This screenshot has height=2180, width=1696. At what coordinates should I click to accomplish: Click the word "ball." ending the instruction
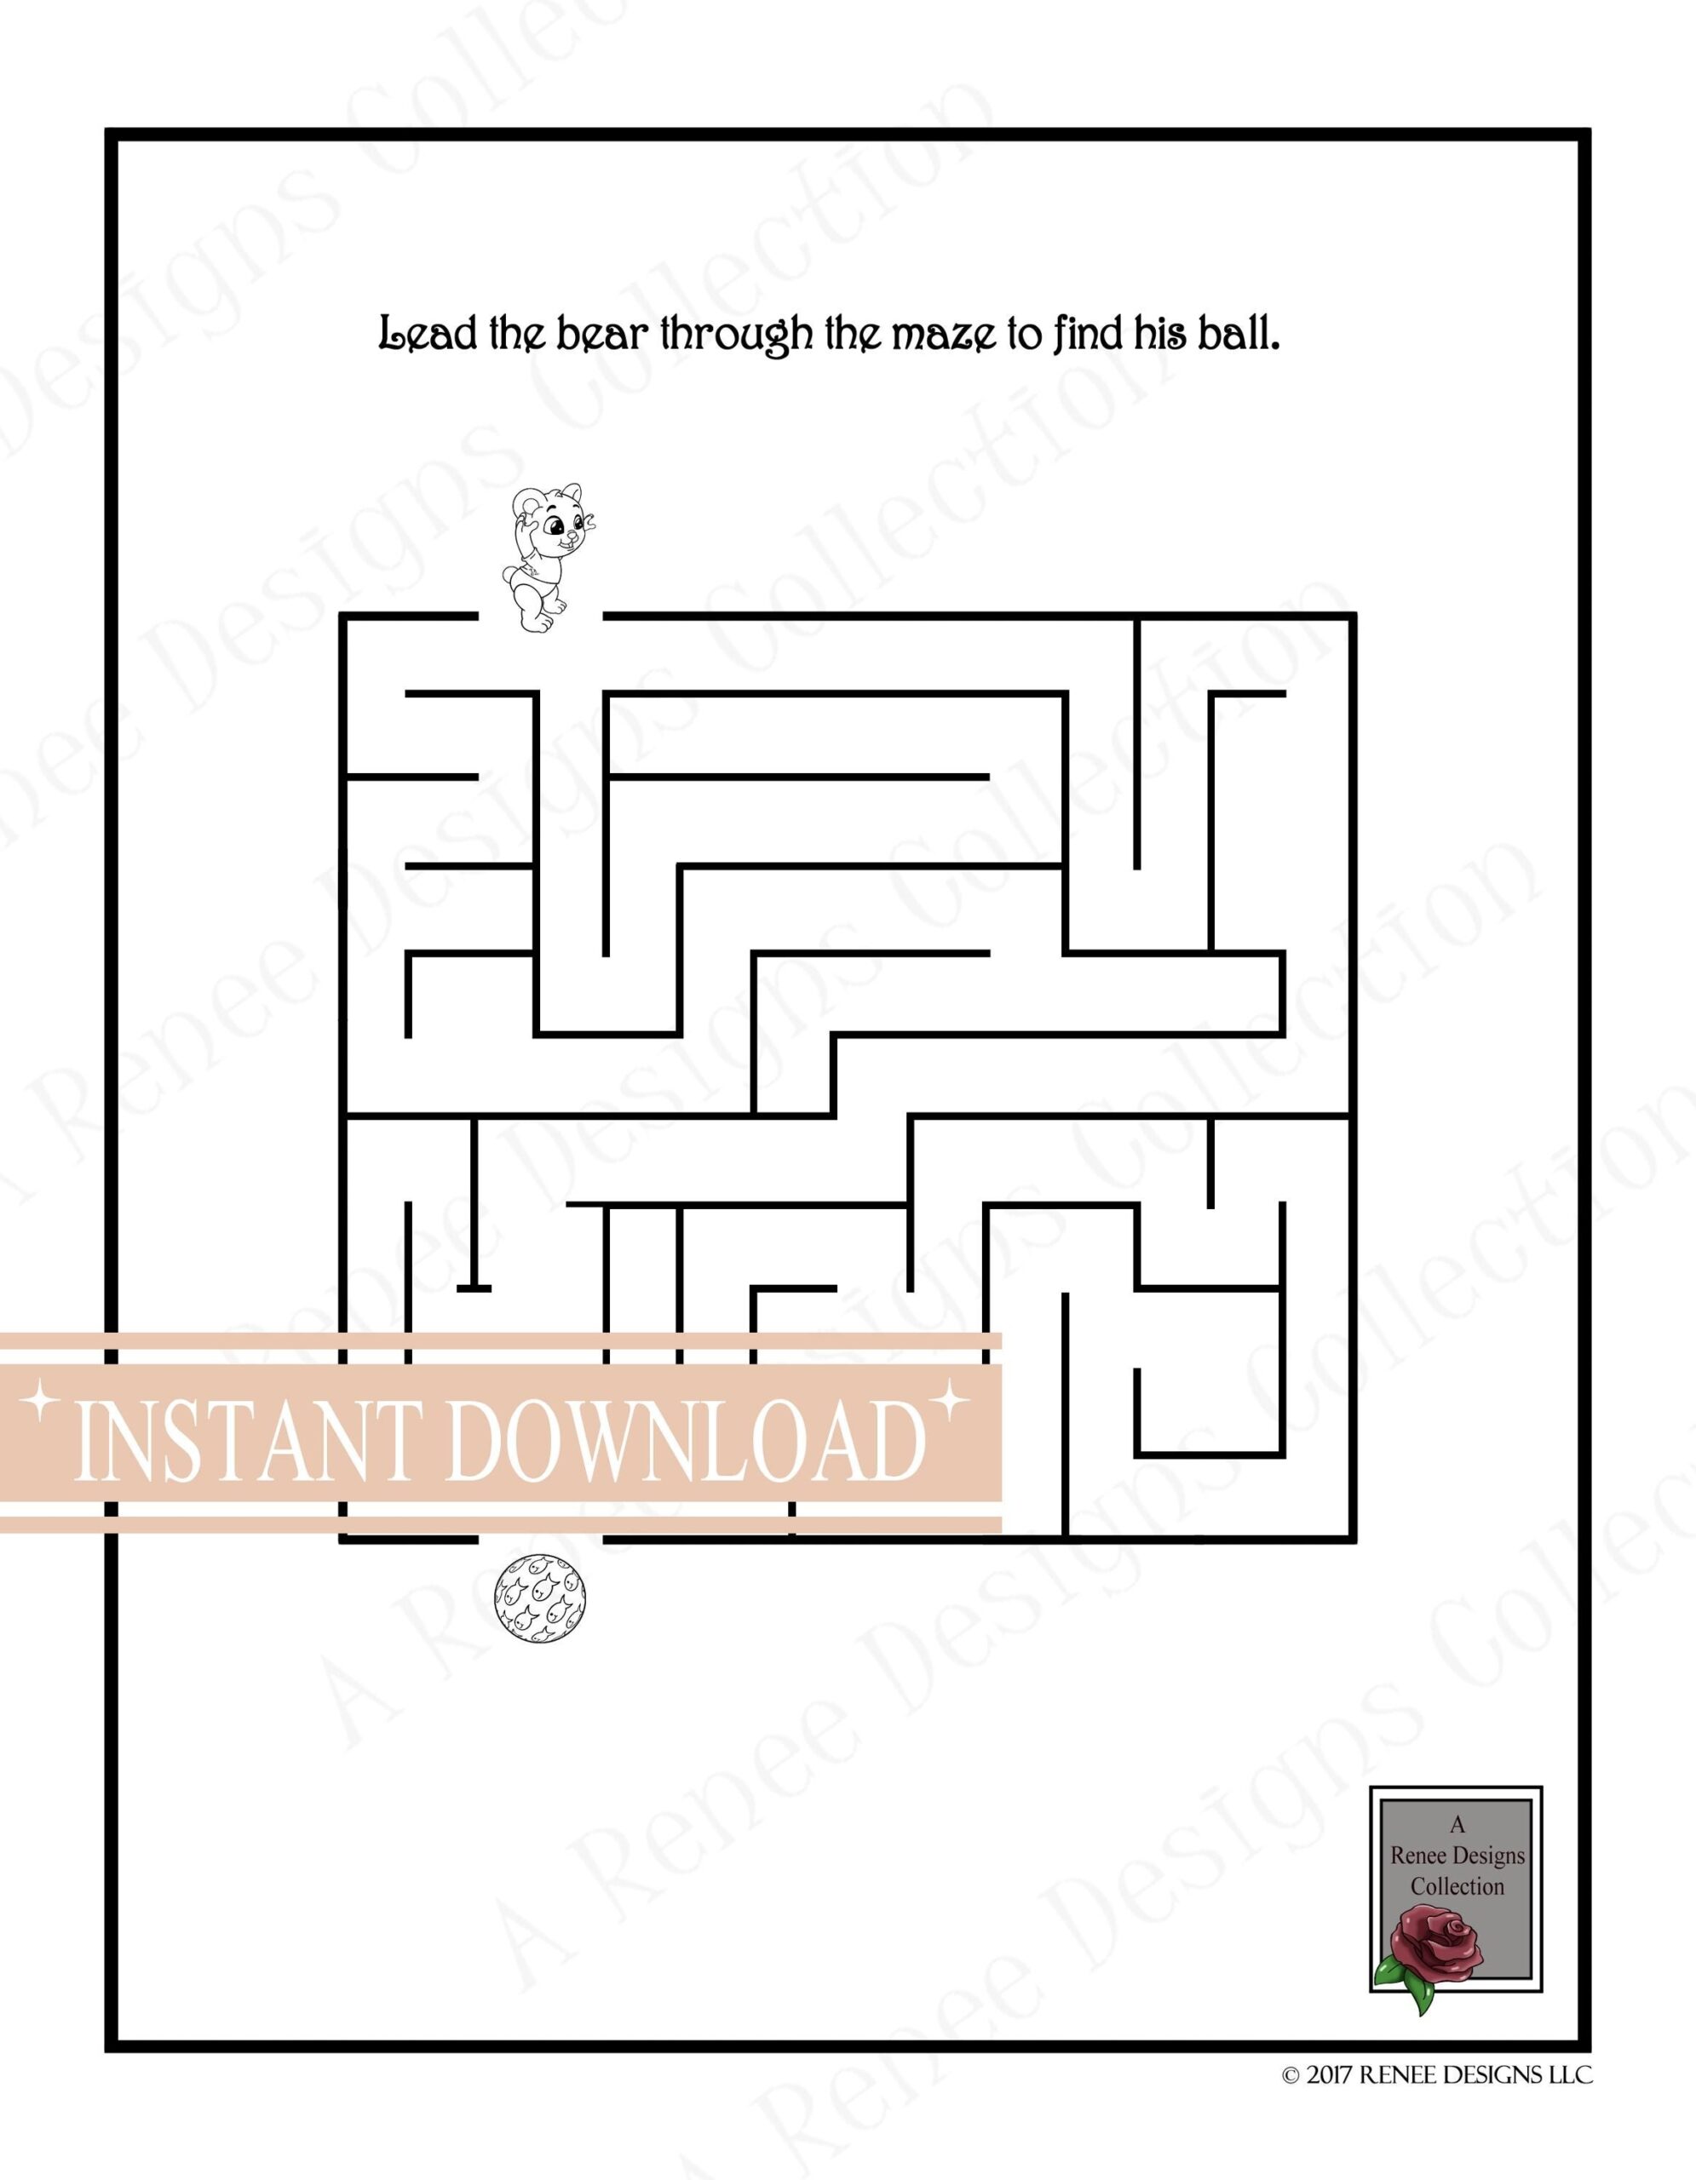(x=1237, y=336)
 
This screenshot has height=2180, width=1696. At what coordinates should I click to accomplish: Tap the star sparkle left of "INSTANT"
(x=41, y=1403)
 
